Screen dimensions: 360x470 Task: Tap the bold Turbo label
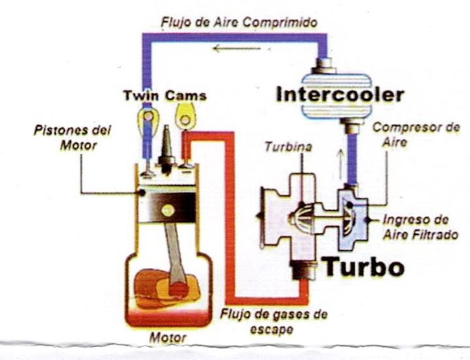(364, 266)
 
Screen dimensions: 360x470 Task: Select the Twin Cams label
(165, 95)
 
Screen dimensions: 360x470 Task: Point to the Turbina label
(288, 147)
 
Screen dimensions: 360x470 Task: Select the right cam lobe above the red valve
(187, 117)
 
